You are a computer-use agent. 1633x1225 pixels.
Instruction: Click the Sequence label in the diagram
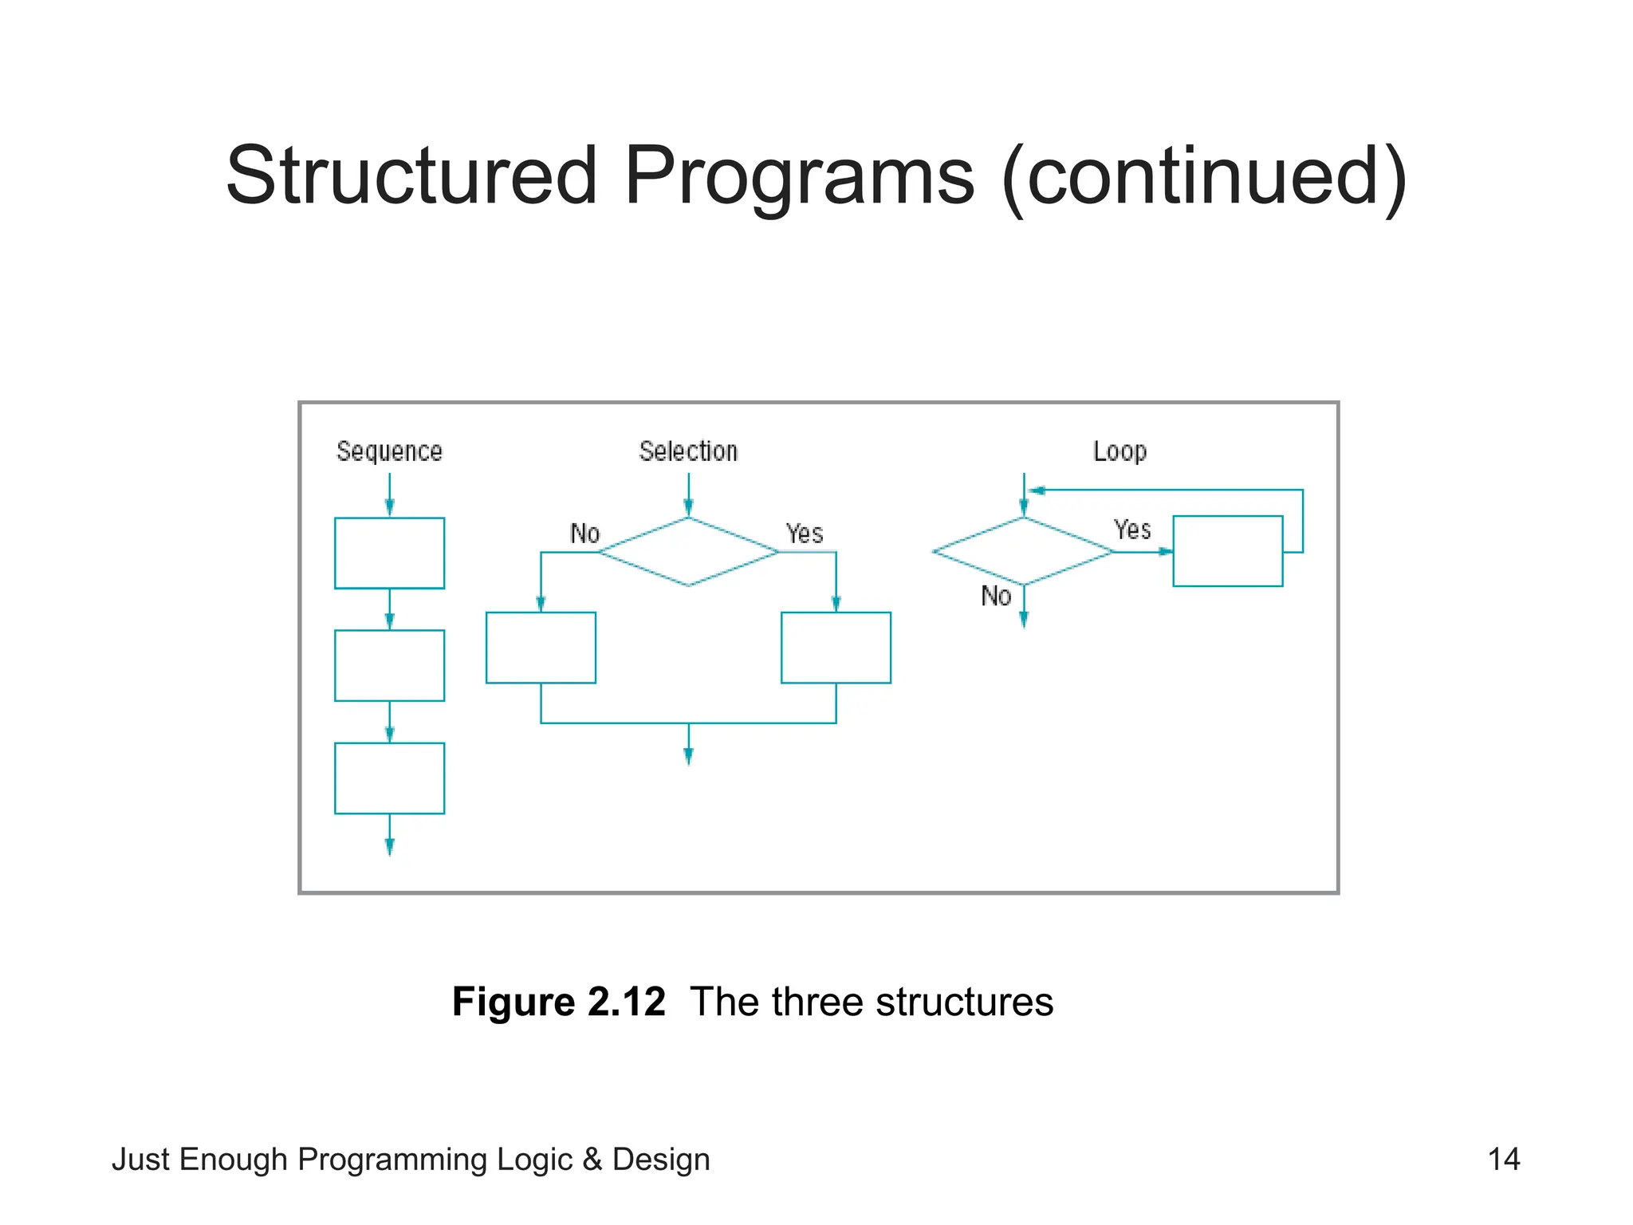click(x=389, y=451)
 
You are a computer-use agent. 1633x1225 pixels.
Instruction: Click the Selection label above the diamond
click(x=688, y=451)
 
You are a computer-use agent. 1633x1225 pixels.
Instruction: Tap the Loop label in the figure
click(x=1119, y=451)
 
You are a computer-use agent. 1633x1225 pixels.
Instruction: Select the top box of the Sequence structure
click(x=389, y=553)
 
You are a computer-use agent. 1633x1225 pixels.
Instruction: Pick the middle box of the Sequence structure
click(x=389, y=665)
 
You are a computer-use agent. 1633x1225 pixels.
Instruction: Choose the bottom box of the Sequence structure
click(x=389, y=778)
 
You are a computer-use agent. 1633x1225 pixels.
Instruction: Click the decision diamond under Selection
click(x=688, y=552)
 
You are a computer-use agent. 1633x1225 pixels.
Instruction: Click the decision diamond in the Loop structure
click(x=1023, y=551)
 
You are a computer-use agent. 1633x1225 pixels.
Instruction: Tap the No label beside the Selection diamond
click(x=584, y=534)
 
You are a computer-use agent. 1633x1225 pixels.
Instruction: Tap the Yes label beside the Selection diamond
click(x=804, y=534)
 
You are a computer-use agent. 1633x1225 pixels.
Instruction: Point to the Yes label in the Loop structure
click(x=1131, y=530)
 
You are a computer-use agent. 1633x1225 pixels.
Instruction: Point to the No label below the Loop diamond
click(x=996, y=596)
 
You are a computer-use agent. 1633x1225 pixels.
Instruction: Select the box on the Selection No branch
click(x=541, y=647)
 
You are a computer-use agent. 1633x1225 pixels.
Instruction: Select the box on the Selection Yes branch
click(x=836, y=647)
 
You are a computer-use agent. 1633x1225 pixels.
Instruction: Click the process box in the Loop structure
click(x=1227, y=551)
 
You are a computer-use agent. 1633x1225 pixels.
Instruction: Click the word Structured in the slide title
click(x=411, y=175)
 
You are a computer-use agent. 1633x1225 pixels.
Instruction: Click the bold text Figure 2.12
click(x=558, y=1002)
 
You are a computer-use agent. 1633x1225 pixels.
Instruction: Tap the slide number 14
click(x=1503, y=1159)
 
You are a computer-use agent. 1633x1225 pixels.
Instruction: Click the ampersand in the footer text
click(x=592, y=1160)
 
